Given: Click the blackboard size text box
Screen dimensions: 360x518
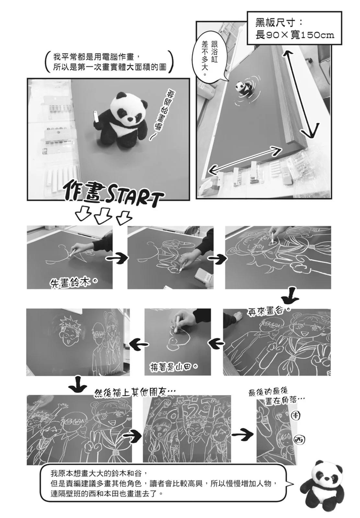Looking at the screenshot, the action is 294,28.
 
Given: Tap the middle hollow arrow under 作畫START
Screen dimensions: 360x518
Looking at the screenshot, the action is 103,216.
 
